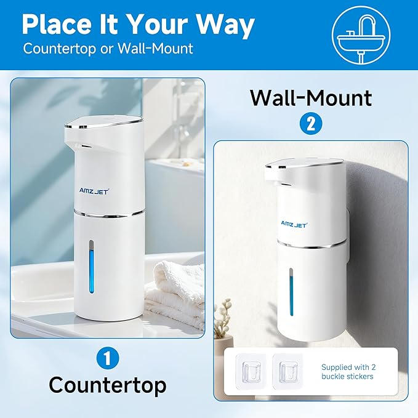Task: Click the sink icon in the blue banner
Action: [x=361, y=35]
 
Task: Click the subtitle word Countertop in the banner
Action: [x=60, y=49]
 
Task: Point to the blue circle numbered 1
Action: [x=108, y=358]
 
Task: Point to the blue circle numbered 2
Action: [x=311, y=124]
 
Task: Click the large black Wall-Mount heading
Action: [x=311, y=98]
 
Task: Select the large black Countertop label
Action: [x=108, y=386]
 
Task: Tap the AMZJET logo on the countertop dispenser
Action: [x=94, y=191]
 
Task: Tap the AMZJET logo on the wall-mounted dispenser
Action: [x=294, y=225]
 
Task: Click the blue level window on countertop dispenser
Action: [x=91, y=267]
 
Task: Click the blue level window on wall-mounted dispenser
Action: [x=291, y=292]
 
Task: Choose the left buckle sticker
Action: [x=251, y=371]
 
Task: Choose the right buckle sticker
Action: [x=288, y=371]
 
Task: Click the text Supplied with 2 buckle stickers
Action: [x=348, y=372]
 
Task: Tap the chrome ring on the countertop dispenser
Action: [x=110, y=213]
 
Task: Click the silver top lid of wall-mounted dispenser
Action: [x=305, y=163]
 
